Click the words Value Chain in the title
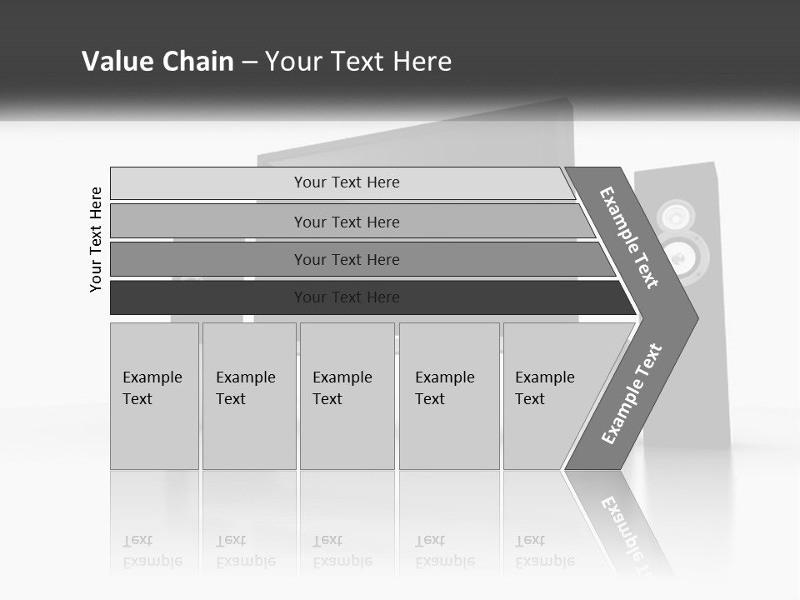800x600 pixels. (157, 62)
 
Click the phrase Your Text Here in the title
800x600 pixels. (358, 62)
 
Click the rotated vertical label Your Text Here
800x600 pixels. (96, 239)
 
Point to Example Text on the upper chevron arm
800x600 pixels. (629, 237)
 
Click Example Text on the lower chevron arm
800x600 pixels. (632, 394)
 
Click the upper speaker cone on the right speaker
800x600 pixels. (675, 216)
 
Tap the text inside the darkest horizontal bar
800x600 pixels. (347, 297)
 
